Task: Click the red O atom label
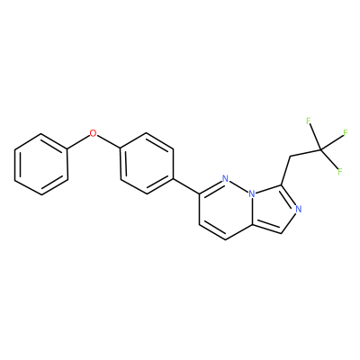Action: tap(94, 133)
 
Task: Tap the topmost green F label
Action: tap(308, 121)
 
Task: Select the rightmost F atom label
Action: tap(346, 133)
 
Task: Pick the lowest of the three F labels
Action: tap(340, 172)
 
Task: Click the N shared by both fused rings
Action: tap(253, 194)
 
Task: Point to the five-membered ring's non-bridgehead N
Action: tap(298, 209)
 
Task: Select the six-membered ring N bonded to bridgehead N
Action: tap(226, 179)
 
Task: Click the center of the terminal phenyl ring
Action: tap(41, 165)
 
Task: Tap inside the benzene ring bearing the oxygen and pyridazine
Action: tap(147, 164)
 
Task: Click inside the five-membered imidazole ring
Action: tap(274, 210)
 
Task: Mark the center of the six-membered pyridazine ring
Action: tap(226, 210)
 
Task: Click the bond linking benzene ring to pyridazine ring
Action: tap(186, 186)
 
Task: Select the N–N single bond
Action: tap(239, 186)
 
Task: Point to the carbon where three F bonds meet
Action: tap(321, 149)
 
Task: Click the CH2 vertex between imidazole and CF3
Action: tap(290, 157)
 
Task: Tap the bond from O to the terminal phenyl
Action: tap(79, 141)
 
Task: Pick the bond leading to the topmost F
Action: tap(315, 137)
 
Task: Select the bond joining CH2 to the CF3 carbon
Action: tap(305, 153)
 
